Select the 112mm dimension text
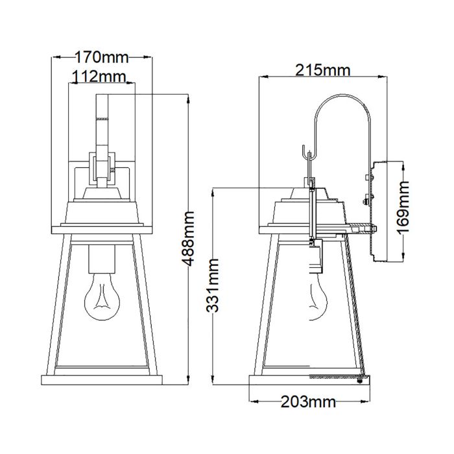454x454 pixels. click(x=99, y=77)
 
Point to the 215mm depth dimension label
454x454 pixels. click(x=323, y=69)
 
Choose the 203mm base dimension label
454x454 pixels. click(x=308, y=402)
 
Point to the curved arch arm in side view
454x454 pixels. click(x=342, y=104)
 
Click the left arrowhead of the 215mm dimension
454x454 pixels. click(x=263, y=77)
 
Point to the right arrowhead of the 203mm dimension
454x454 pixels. click(x=366, y=402)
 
